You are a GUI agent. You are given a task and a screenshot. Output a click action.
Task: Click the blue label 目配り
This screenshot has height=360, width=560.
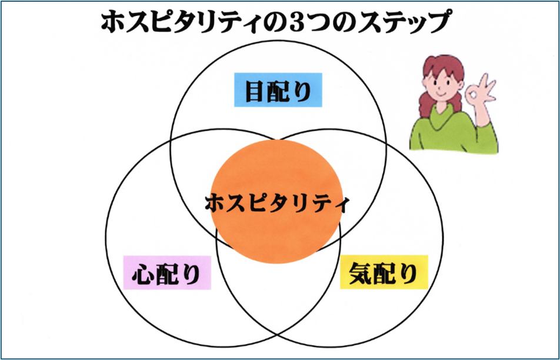coord(278,90)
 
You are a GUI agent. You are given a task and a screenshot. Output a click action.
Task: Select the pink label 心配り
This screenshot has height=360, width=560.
coord(166,272)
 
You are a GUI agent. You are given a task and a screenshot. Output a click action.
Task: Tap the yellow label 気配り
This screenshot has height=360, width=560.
coord(384,272)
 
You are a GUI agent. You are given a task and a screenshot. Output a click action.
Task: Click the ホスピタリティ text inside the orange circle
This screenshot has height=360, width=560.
coord(277,204)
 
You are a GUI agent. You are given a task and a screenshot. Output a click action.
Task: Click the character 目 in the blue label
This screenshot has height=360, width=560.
coord(254,90)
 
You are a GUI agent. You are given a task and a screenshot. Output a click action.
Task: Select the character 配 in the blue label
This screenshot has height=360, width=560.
coord(278,90)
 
